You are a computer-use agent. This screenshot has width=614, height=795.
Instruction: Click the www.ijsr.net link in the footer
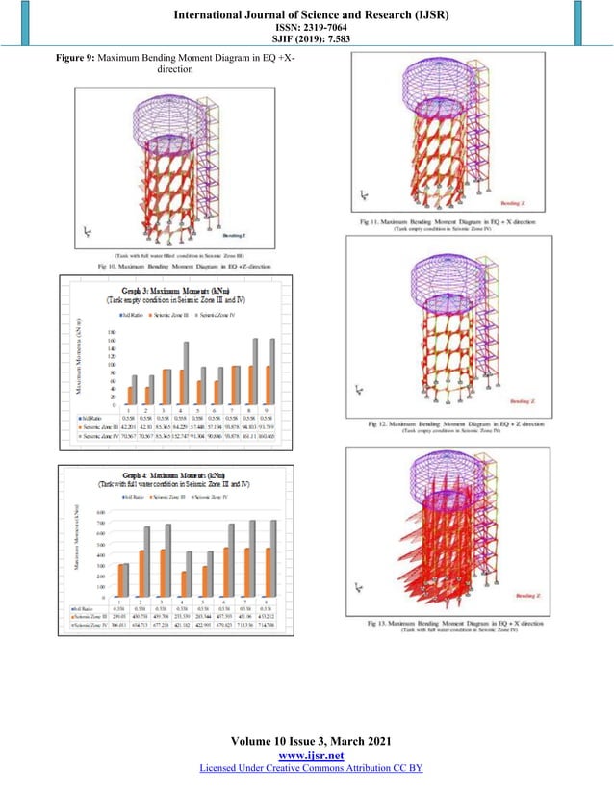(x=306, y=757)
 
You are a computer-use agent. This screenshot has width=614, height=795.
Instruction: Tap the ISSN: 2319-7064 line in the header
(x=306, y=28)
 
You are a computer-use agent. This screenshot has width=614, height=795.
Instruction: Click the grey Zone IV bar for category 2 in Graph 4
(x=147, y=561)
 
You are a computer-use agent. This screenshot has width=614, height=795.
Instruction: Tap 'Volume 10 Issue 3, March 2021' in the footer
(x=306, y=742)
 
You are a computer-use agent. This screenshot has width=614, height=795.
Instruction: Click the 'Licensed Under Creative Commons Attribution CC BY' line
(x=306, y=770)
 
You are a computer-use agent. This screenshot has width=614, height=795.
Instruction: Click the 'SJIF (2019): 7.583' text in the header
(x=306, y=40)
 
